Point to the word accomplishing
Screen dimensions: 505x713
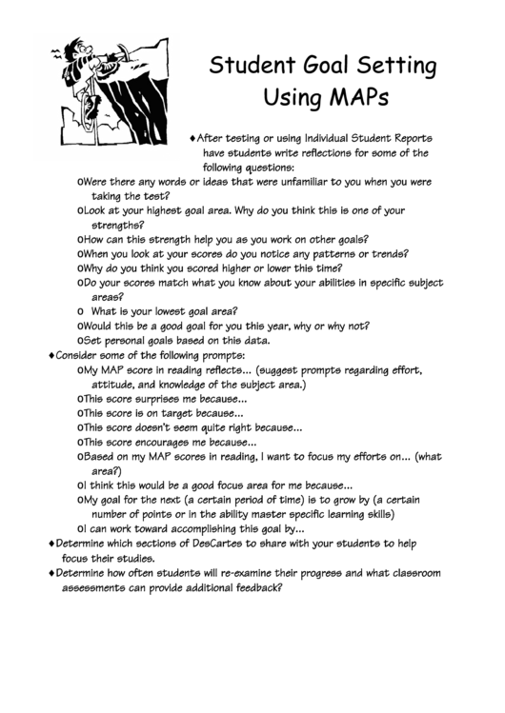click(x=209, y=528)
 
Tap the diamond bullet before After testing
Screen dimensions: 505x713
click(x=194, y=137)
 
